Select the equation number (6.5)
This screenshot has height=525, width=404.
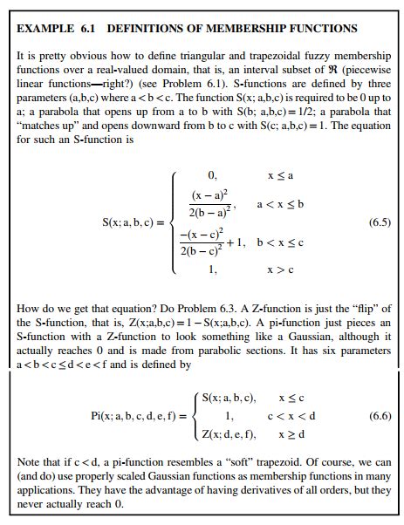coord(379,222)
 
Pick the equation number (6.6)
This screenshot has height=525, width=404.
coord(379,415)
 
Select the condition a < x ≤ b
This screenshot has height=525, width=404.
coord(279,203)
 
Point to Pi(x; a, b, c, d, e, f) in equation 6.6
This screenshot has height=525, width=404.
coord(136,416)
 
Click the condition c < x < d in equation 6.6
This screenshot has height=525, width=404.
coord(292,416)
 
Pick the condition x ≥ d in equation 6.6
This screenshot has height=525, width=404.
coord(293,433)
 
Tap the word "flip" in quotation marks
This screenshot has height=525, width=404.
coord(359,308)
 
